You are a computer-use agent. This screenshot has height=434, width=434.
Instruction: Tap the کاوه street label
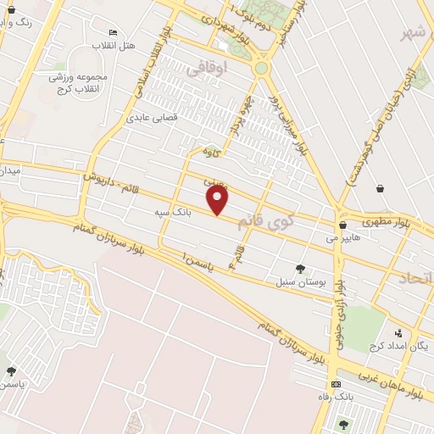point(212,152)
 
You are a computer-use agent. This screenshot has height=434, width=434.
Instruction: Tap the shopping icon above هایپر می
point(342,225)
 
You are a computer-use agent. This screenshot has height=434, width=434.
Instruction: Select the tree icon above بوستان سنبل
point(300,268)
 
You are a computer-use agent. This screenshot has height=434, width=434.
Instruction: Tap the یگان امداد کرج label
point(398,346)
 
